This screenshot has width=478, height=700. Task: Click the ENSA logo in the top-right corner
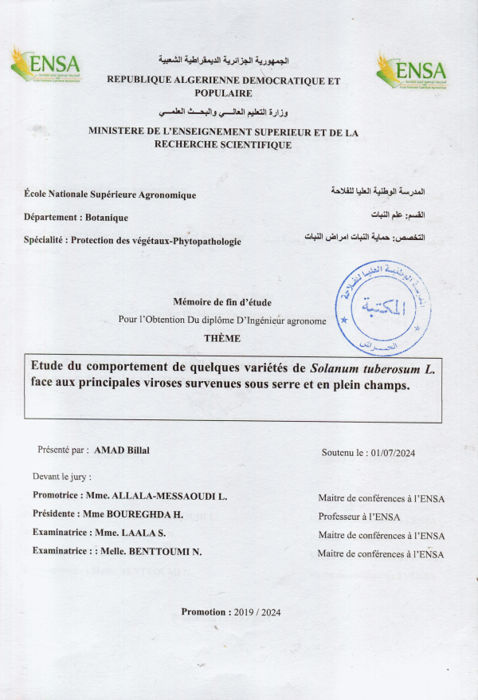click(x=411, y=71)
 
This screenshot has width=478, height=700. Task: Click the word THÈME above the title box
click(x=223, y=338)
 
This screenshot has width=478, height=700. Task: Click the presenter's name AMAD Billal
click(x=122, y=450)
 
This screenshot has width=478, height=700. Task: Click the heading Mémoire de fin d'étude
click(x=222, y=301)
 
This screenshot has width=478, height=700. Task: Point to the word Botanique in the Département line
click(x=108, y=218)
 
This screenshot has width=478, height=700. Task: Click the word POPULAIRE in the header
click(x=223, y=92)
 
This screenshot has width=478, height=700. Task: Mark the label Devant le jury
click(x=62, y=477)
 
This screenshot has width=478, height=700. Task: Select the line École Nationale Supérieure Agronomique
click(x=110, y=195)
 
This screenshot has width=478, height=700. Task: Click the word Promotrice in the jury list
click(x=57, y=496)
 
